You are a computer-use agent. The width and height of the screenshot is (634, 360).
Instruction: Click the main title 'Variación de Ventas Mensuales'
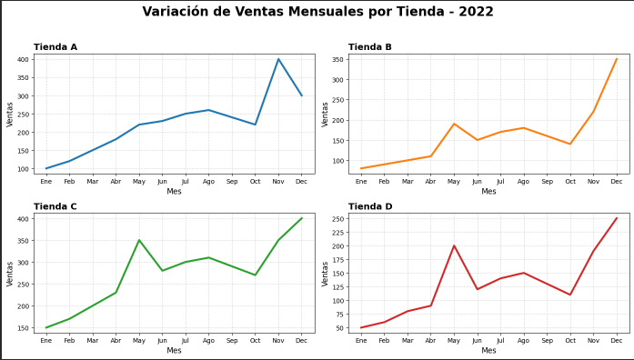coord(317,12)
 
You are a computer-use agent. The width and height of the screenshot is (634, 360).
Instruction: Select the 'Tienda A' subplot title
coord(55,47)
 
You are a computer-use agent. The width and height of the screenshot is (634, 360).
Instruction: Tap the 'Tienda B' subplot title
coord(370,47)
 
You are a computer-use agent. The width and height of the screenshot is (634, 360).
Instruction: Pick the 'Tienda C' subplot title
coord(55,206)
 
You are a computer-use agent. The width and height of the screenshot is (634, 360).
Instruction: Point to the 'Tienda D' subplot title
coord(370,206)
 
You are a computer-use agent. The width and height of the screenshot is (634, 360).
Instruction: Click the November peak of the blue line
coord(278,59)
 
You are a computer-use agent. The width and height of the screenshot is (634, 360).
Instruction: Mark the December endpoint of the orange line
coord(616,59)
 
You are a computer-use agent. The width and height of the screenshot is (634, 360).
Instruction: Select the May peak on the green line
coord(139,240)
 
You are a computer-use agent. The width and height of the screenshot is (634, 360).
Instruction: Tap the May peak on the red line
coord(454,245)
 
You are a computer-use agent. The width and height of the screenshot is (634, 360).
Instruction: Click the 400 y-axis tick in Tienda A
coord(24,59)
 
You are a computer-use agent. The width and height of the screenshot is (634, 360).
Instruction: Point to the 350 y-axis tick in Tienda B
coord(337,59)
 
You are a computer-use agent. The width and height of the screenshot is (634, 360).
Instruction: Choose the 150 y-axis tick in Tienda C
coord(24,327)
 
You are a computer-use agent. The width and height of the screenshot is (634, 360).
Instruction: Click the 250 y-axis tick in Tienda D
coord(337,219)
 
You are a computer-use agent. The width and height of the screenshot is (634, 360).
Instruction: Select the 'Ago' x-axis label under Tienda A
coord(208,182)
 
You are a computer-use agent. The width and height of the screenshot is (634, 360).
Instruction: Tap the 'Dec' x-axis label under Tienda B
coord(616,182)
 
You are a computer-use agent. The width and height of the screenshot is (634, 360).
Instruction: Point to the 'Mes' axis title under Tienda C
coord(174,351)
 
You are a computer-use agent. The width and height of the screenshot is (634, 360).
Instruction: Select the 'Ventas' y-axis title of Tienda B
coord(325,114)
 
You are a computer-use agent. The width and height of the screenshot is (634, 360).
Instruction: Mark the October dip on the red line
coord(570,295)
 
